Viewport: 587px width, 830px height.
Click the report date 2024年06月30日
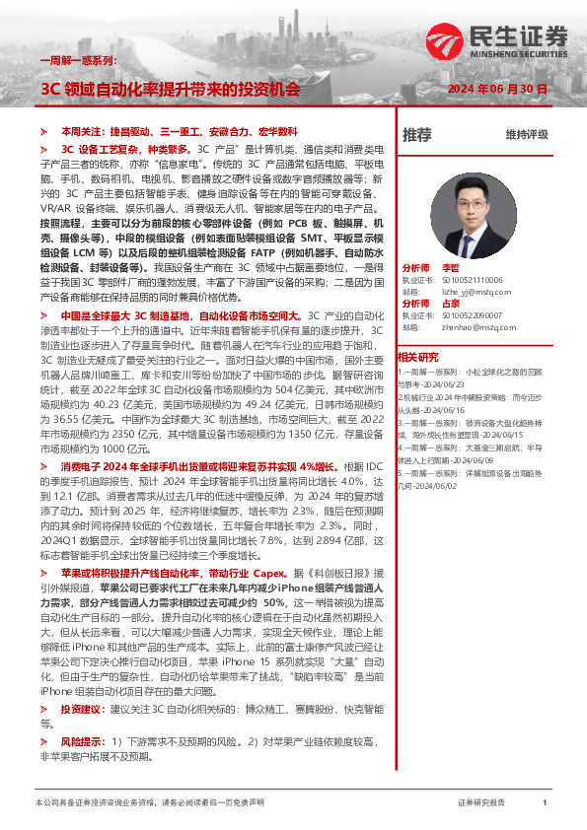[498, 89]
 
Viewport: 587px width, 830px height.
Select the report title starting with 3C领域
[170, 89]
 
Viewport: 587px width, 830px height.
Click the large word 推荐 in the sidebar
[417, 134]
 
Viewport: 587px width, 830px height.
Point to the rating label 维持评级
[526, 134]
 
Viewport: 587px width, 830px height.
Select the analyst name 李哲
[451, 268]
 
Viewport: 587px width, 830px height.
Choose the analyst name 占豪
[451, 304]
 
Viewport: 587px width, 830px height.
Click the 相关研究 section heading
[417, 356]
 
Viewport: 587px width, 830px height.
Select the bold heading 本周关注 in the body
[81, 131]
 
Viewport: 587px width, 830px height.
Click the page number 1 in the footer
[545, 803]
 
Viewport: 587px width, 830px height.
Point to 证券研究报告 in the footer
[482, 803]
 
